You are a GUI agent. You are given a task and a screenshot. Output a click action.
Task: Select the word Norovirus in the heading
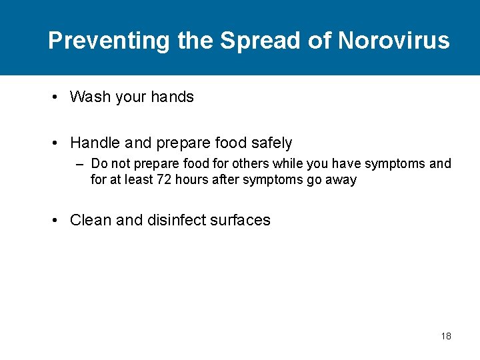pos(393,41)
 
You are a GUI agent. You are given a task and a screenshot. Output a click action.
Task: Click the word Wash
pos(90,97)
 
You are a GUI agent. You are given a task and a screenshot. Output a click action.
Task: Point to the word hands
pos(172,97)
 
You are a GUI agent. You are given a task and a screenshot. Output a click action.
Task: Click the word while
pos(291,164)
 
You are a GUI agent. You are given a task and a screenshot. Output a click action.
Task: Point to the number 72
pos(163,180)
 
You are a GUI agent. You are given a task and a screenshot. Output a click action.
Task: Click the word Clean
pos(91,221)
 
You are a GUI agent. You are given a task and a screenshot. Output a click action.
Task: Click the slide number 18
pos(446,336)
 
